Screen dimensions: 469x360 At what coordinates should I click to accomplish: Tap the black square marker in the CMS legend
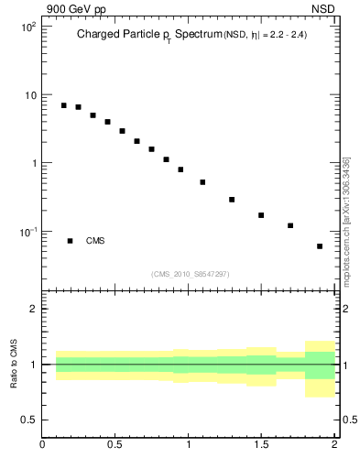70,241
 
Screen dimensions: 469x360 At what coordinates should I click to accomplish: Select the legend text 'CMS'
95,241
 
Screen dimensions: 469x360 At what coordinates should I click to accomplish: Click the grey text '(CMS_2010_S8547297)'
191,274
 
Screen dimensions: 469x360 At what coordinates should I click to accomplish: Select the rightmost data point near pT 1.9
320,246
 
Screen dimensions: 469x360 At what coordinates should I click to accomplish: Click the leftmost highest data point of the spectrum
64,105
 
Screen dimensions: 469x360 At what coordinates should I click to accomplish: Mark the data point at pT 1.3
232,200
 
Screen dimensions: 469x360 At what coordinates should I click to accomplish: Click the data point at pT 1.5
261,215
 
